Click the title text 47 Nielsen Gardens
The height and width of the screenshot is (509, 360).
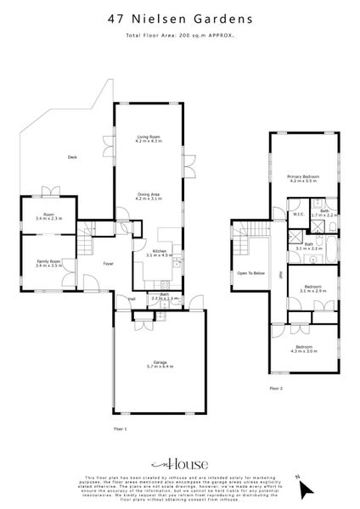coord(179,17)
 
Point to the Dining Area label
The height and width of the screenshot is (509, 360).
coord(149,197)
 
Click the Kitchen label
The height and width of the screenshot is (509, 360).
coord(159,253)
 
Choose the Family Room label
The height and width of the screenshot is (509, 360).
coord(48,264)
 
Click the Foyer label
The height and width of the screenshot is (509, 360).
coord(109,264)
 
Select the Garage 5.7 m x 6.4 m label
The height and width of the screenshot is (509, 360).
coord(160,365)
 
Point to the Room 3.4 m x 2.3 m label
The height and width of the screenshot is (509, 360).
coord(48,216)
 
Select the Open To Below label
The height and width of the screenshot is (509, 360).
coord(250,273)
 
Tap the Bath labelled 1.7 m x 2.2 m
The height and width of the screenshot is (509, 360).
coord(324,214)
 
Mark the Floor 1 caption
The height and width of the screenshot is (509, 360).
coord(120,429)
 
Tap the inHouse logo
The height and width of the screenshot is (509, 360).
coord(179,465)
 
